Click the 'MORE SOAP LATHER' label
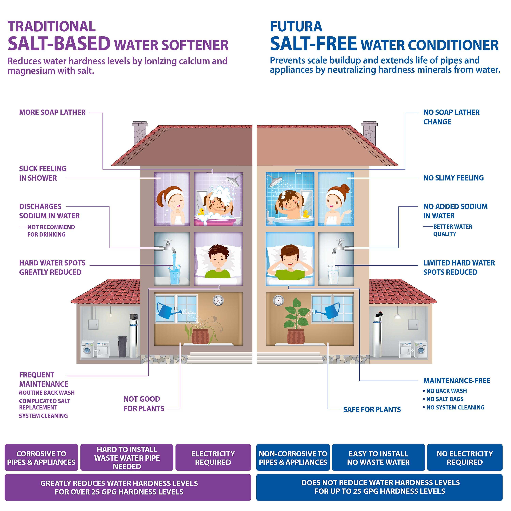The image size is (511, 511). [52, 112]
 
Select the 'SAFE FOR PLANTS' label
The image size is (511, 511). [372, 410]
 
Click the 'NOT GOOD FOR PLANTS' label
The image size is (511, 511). [144, 404]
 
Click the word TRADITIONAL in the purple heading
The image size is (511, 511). [52, 27]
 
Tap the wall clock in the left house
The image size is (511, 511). [218, 300]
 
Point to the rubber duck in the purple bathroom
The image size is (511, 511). [202, 212]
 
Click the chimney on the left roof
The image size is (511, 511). [140, 133]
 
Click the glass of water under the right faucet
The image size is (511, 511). [333, 275]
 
